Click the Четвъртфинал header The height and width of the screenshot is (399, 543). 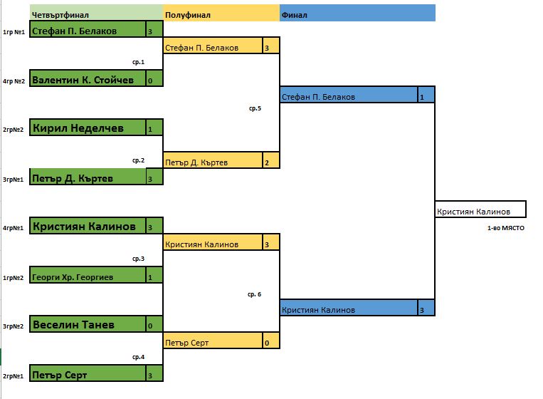point(96,14)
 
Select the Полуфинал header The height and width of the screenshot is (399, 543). point(221,14)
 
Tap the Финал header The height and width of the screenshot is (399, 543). point(357,14)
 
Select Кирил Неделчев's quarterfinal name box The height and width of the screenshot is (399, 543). point(88,128)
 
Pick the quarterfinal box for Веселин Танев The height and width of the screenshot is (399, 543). point(88,324)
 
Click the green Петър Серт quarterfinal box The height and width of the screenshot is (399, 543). point(88,373)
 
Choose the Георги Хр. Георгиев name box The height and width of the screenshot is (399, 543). point(88,276)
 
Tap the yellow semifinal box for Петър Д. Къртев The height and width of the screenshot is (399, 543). point(213,161)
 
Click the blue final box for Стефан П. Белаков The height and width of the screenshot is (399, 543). point(349,95)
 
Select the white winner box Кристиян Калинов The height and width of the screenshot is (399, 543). point(480,210)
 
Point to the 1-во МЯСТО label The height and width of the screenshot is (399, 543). point(505,228)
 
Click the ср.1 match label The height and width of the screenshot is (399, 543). point(139,63)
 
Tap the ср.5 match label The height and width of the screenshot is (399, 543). point(255,108)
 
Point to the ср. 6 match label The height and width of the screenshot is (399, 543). point(255,294)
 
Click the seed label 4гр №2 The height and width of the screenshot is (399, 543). point(14,81)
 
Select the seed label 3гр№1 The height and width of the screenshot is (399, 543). point(14,180)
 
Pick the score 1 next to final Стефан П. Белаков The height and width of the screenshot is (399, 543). point(426,95)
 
